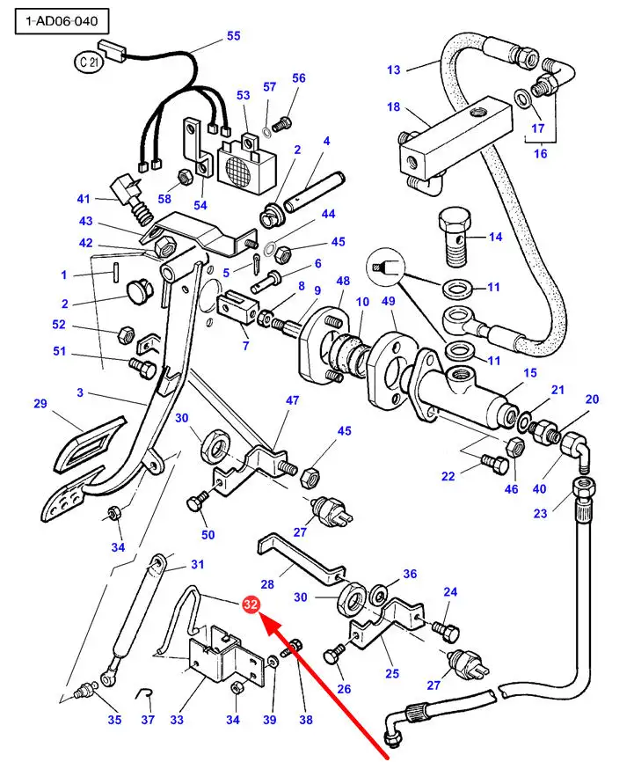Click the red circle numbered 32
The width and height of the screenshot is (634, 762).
(251, 604)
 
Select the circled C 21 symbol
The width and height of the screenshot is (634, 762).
(86, 63)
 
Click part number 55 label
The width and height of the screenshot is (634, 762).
(233, 36)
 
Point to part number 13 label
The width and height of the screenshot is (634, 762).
(393, 70)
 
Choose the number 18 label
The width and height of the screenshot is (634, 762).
(393, 107)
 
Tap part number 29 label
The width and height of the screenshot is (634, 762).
(40, 404)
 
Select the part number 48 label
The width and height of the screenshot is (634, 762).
(343, 282)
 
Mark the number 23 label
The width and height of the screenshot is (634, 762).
(541, 513)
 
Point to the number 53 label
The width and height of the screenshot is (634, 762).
(244, 95)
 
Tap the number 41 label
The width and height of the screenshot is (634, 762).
(84, 199)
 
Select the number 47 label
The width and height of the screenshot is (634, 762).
(292, 400)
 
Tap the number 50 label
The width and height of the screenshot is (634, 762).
(208, 534)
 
